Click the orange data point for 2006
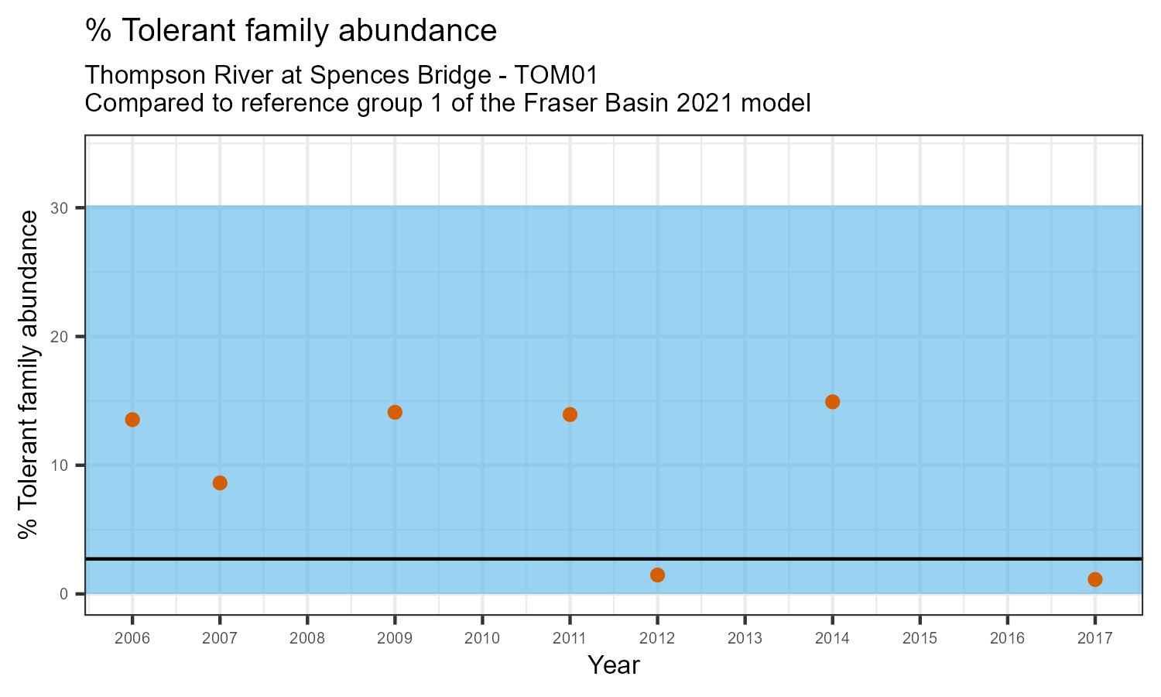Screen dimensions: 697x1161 coord(132,420)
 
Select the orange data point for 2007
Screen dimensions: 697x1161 coord(220,483)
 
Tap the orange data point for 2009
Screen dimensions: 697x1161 coord(395,412)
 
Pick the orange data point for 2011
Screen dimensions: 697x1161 coord(570,414)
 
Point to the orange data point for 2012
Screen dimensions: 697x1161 coord(657,575)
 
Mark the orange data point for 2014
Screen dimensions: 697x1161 coord(832,402)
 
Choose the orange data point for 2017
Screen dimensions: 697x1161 coord(1094,579)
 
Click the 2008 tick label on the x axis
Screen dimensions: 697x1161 coord(307,639)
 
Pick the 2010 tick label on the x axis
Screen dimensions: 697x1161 coord(482,639)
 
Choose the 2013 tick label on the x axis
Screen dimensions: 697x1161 coord(745,639)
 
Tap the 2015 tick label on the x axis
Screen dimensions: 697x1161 coord(920,639)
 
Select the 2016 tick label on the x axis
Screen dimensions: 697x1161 coord(1007,639)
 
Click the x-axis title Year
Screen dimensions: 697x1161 coord(614,665)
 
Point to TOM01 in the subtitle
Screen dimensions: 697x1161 coord(557,76)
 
